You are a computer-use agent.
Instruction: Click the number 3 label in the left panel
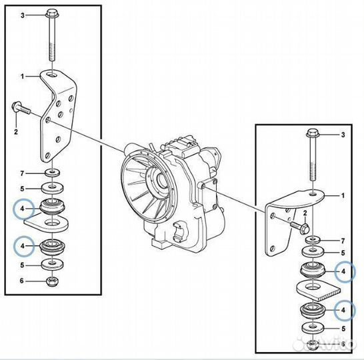pyautogui.click(x=23, y=14)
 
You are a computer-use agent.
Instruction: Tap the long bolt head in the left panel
pyautogui.click(x=53, y=13)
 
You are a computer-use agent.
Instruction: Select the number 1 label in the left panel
pyautogui.click(x=23, y=77)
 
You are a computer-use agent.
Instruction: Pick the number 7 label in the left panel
pyautogui.click(x=23, y=173)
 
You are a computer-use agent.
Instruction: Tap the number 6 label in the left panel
pyautogui.click(x=23, y=281)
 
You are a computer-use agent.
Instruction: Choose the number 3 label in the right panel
pyautogui.click(x=343, y=135)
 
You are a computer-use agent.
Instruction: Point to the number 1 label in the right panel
pyautogui.click(x=343, y=195)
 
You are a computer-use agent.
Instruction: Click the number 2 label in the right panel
pyautogui.click(x=305, y=213)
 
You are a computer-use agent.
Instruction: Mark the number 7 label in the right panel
pyautogui.click(x=343, y=240)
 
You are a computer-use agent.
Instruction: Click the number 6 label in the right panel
pyautogui.click(x=343, y=344)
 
